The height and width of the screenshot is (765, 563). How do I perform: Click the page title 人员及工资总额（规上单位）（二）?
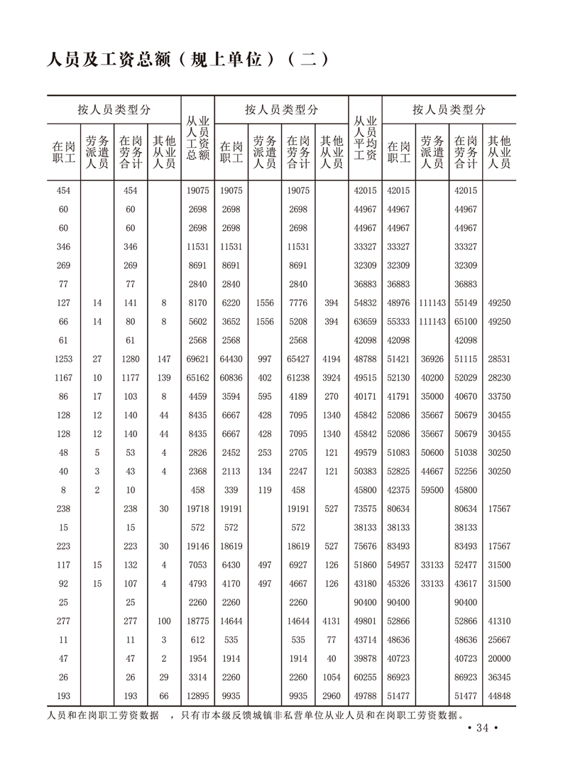click(x=186, y=58)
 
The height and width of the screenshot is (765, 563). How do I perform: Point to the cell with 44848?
click(x=500, y=696)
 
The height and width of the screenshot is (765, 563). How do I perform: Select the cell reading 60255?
click(x=365, y=677)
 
